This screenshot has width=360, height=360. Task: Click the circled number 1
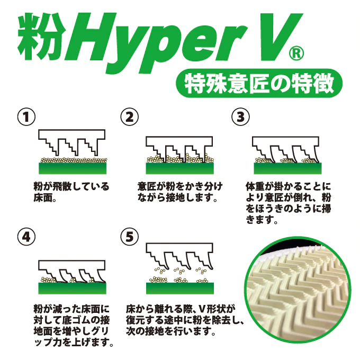pos(26,117)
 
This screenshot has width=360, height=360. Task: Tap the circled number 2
pos(130,117)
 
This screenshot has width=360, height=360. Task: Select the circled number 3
pos(240,117)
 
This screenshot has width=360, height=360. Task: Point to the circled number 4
pos(26,237)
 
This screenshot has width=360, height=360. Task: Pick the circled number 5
pos(130,237)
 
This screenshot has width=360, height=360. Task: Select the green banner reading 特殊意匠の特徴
pos(259,83)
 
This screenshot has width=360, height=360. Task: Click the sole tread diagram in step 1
pos(71,142)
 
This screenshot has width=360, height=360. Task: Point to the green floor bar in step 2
pos(180,168)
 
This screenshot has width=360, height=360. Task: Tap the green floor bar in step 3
pos(287,168)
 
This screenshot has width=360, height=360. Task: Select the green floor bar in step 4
pos(73,288)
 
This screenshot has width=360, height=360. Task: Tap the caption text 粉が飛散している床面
pos(71,192)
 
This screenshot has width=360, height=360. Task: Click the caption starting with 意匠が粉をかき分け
pos(180,192)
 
